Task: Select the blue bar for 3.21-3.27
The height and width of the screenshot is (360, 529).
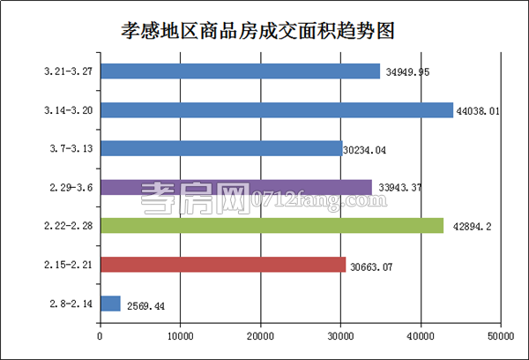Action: point(240,71)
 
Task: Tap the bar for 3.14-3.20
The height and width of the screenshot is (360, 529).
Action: point(276,110)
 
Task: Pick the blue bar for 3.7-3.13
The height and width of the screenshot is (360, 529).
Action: point(220,148)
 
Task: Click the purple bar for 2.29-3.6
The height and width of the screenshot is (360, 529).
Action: point(235,187)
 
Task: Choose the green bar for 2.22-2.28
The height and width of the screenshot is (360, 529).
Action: point(272,226)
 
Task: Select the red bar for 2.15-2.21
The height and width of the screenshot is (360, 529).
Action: point(222,265)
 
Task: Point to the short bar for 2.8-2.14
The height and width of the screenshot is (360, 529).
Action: point(110,304)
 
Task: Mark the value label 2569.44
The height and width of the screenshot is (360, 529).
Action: point(146,305)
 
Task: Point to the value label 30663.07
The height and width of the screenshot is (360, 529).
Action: point(375,266)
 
